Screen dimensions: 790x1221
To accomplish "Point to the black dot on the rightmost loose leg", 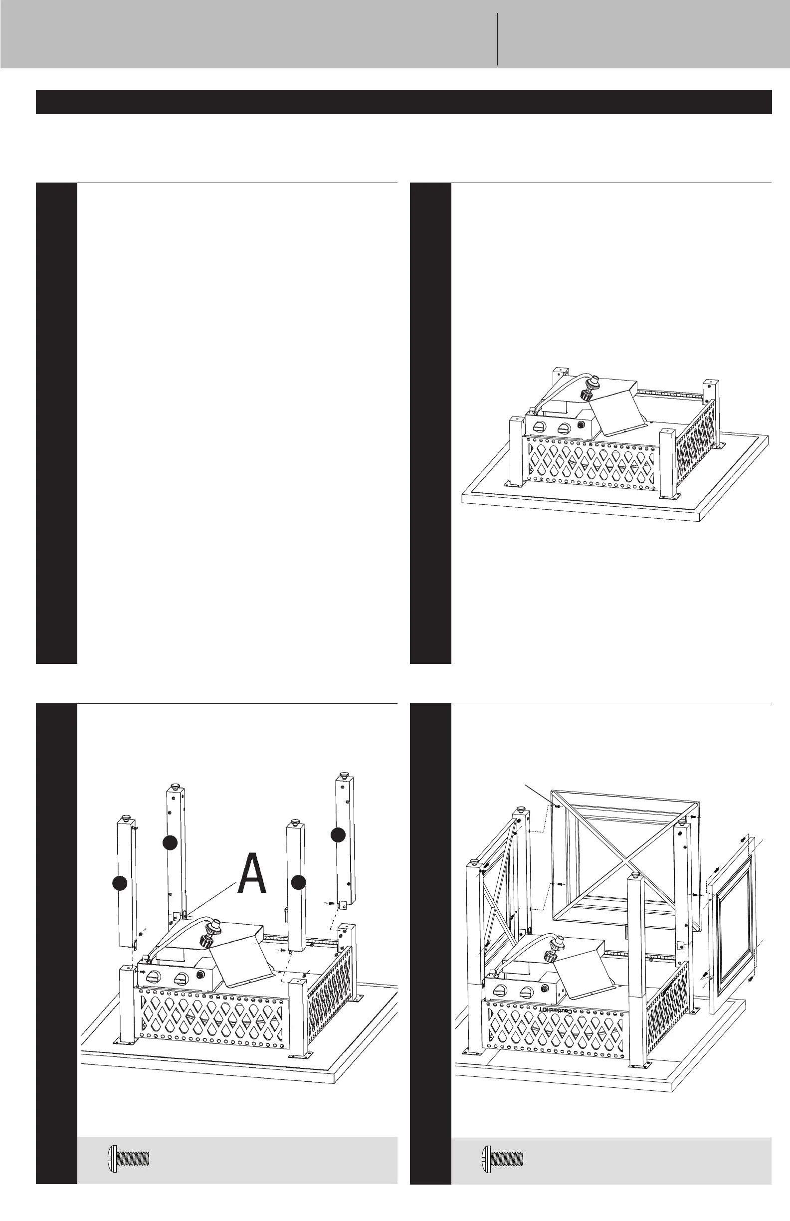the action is click(x=337, y=834).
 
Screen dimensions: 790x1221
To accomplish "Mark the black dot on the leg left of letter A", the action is click(x=170, y=842).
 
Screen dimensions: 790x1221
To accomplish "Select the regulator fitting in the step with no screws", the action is click(x=592, y=389).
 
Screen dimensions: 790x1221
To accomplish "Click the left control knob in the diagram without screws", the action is click(x=540, y=426).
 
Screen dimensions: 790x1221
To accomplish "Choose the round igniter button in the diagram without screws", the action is click(x=582, y=425).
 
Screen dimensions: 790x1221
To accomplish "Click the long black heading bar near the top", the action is click(x=403, y=102).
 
